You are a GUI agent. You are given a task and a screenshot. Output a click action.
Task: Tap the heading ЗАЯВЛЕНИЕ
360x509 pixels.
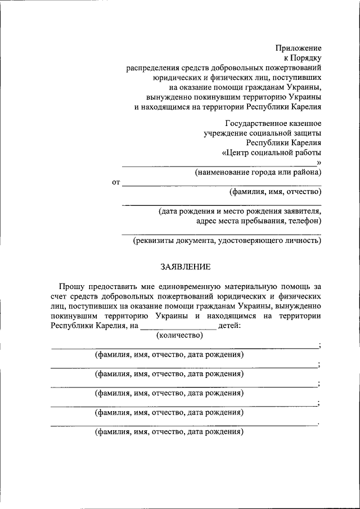click(x=186, y=266)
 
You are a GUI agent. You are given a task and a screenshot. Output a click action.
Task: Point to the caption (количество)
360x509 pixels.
click(x=178, y=336)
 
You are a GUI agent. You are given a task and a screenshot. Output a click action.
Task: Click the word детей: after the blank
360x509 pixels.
click(x=229, y=326)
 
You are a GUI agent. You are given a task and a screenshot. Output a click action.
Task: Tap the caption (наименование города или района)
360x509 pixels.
click(x=258, y=172)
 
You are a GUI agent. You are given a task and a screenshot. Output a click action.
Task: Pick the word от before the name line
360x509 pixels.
click(x=116, y=182)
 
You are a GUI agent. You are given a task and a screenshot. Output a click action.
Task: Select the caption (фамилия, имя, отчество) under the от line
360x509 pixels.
click(x=275, y=192)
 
